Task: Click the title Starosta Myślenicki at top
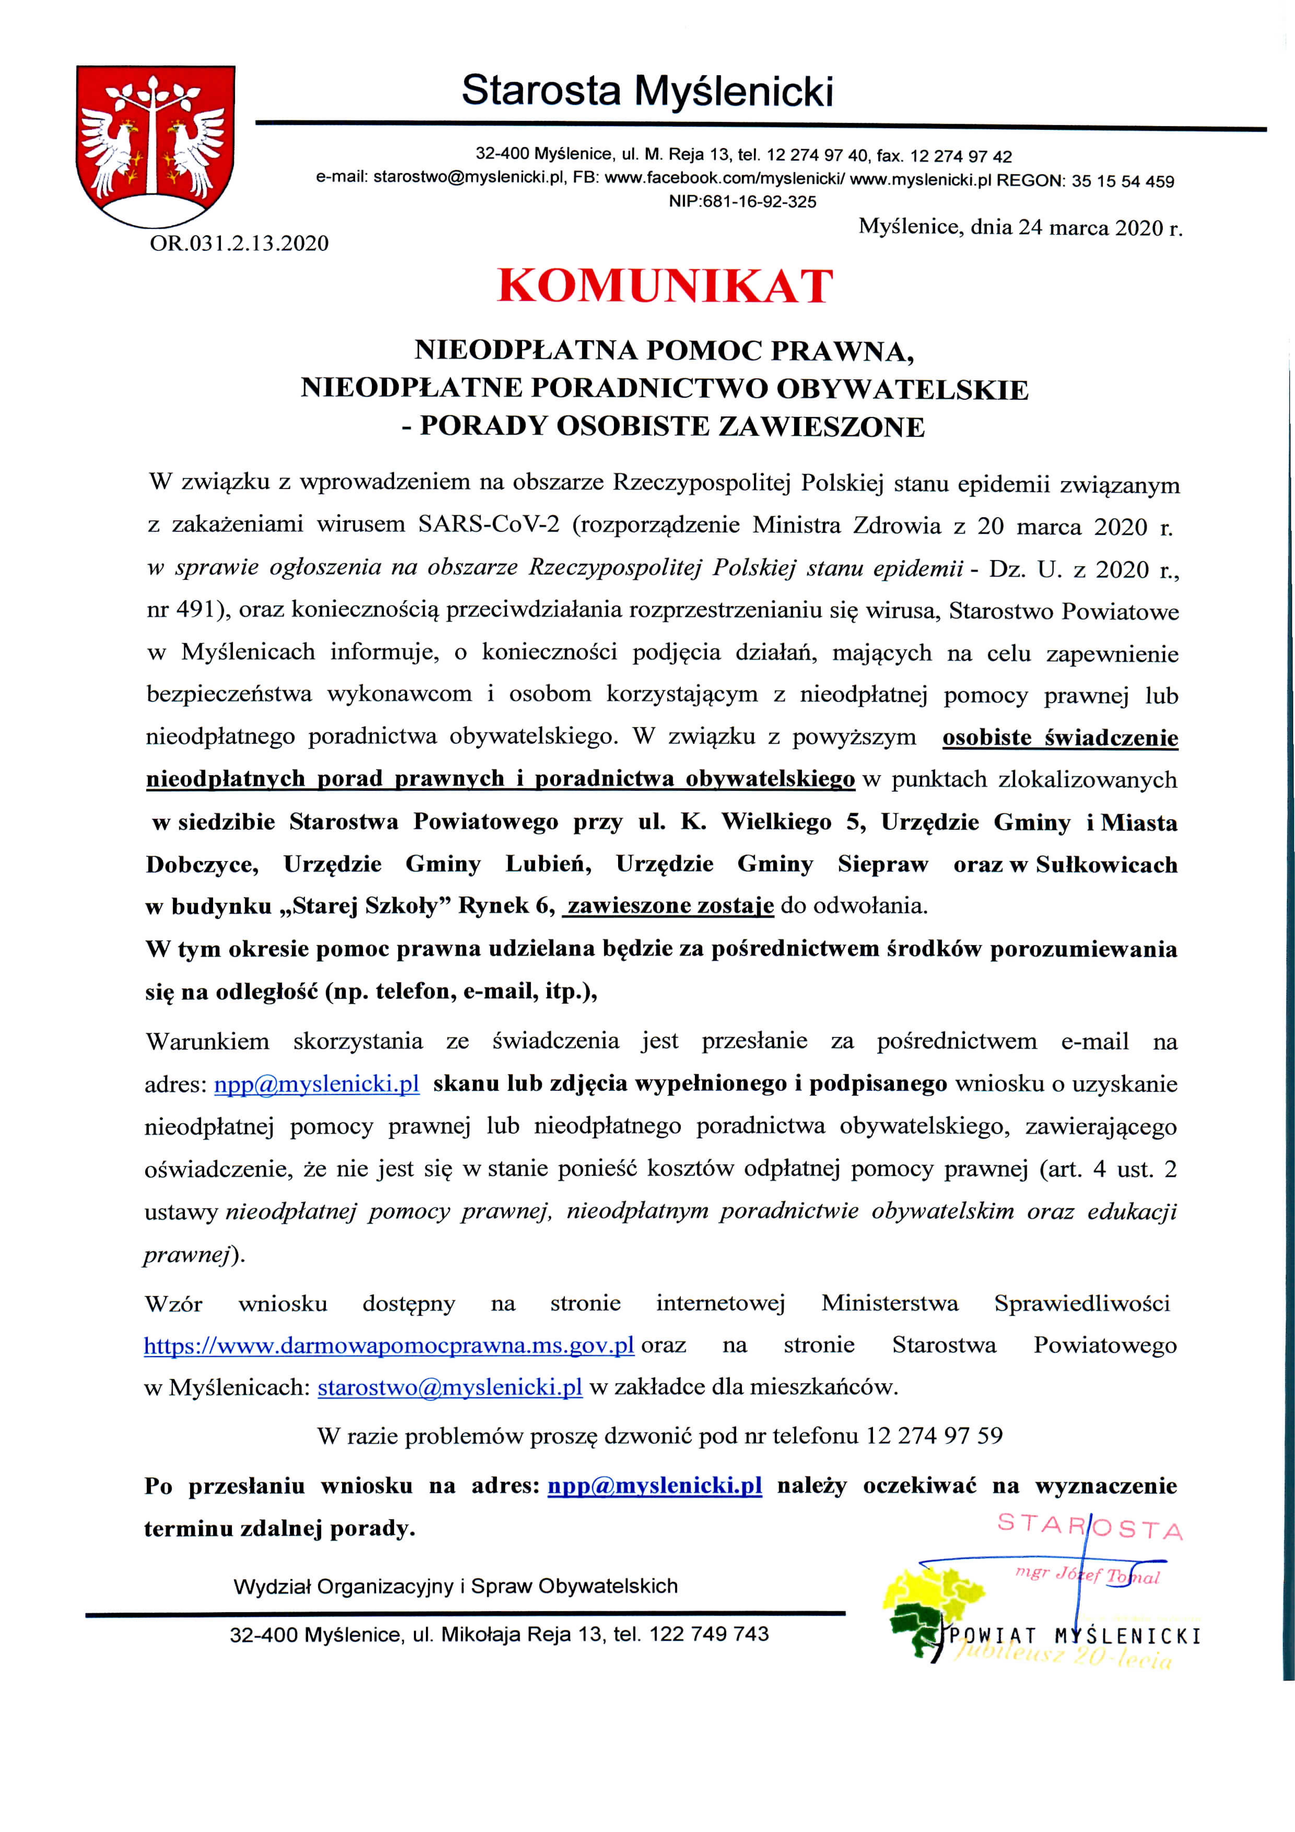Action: click(x=647, y=90)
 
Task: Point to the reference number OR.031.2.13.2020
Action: click(x=239, y=243)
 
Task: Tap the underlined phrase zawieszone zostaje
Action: click(x=670, y=906)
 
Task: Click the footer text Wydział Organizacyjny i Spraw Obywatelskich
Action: click(x=456, y=1586)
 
